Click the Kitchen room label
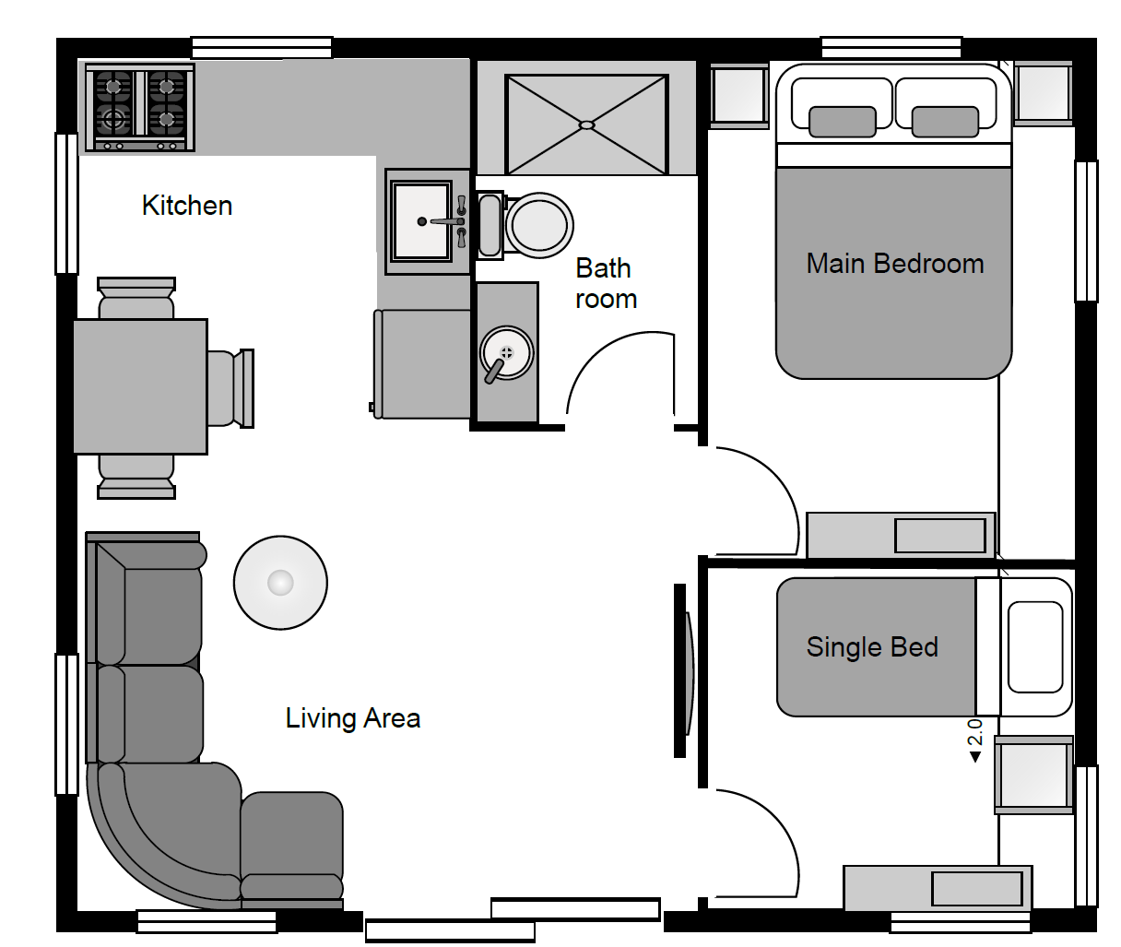click(187, 206)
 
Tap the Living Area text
click(353, 718)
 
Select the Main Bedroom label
click(895, 264)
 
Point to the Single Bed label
click(872, 647)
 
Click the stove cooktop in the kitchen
click(139, 107)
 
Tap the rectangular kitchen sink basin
click(422, 221)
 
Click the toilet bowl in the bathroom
click(539, 226)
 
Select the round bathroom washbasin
click(506, 353)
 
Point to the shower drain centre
click(587, 125)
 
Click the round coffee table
click(280, 582)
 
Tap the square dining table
click(140, 386)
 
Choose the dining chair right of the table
click(230, 388)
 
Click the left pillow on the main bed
click(843, 122)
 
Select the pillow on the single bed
click(1035, 646)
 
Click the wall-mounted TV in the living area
click(684, 670)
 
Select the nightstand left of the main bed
click(738, 97)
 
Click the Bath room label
click(606, 283)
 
